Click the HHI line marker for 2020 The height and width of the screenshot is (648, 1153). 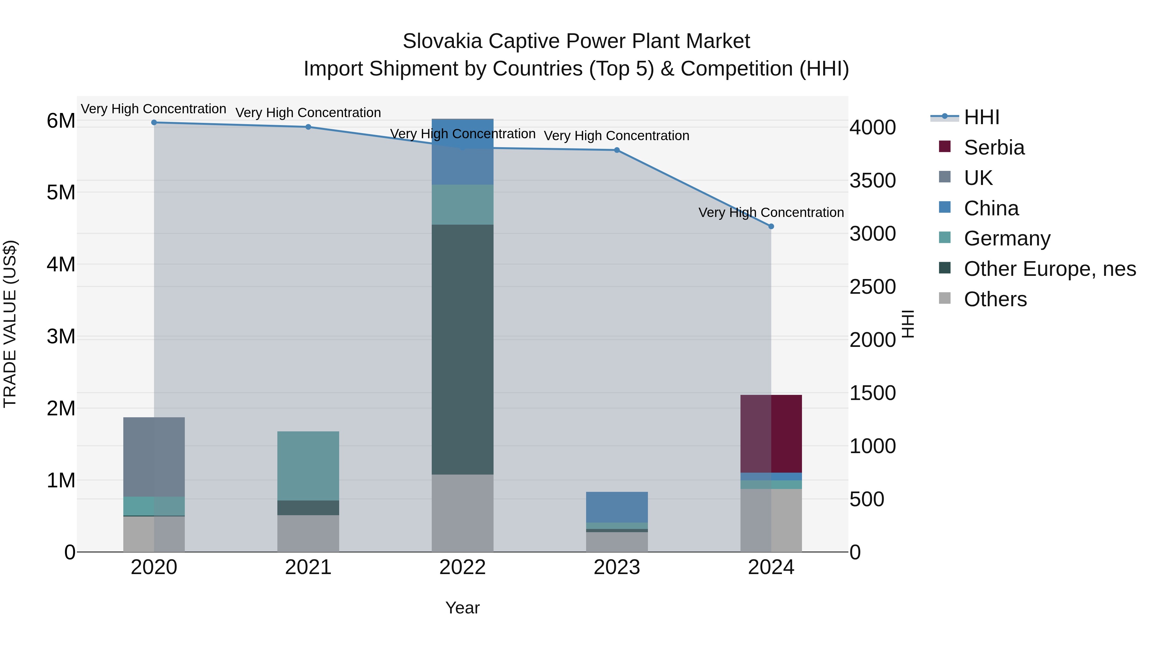tap(154, 123)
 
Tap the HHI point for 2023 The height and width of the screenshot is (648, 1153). tap(617, 150)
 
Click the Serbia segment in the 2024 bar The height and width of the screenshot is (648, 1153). tap(771, 434)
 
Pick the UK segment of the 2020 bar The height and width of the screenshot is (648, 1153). tap(154, 457)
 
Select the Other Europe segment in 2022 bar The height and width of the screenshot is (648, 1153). tap(462, 349)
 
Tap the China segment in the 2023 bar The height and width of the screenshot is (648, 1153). tap(617, 507)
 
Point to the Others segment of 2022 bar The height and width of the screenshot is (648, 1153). tap(462, 513)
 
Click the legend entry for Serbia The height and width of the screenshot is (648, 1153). tap(994, 148)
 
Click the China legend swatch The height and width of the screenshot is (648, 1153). tap(944, 207)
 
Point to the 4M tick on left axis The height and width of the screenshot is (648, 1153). tap(61, 264)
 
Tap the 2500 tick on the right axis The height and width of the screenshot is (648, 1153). tap(872, 287)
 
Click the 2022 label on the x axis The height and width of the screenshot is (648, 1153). tap(462, 567)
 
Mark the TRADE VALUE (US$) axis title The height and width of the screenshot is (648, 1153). tap(10, 324)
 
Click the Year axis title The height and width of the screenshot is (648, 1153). tap(462, 608)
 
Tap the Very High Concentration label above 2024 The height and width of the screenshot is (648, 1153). tap(771, 212)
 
